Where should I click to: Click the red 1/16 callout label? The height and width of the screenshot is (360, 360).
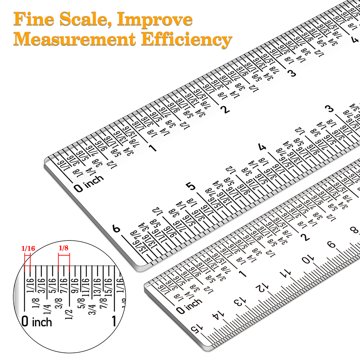point(28,248)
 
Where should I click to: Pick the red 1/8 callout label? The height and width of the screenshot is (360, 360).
point(64,248)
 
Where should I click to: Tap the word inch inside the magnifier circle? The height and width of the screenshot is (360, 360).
point(42,321)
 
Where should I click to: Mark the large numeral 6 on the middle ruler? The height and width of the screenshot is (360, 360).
point(116,229)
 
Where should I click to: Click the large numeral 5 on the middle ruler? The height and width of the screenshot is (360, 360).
point(190,186)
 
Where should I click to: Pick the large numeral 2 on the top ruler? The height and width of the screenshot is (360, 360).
point(226,110)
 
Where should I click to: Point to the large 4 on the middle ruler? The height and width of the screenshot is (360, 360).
point(262,147)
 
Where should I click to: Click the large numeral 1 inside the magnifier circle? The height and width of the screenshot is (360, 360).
point(114,321)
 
